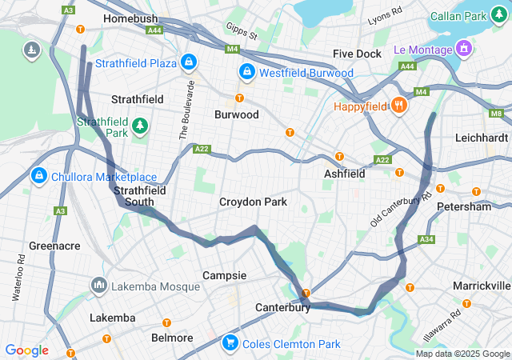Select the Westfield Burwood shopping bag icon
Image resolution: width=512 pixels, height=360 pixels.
[248, 72]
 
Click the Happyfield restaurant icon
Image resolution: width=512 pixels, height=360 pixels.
[398, 105]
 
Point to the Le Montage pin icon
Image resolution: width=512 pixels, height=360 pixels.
[463, 50]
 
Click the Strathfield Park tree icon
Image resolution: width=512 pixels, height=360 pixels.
[140, 126]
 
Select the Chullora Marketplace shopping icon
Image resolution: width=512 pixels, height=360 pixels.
[38, 175]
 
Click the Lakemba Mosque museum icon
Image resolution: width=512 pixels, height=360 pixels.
[99, 284]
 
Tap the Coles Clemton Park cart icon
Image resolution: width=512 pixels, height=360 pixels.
[230, 342]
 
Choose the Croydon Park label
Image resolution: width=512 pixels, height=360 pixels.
[253, 202]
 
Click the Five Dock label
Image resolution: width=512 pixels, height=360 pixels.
[357, 54]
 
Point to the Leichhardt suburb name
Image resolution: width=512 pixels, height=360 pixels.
[481, 138]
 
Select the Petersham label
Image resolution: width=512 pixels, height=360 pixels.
[464, 206]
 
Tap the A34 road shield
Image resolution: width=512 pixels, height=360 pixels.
[426, 239]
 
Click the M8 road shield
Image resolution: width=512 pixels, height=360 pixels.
[497, 114]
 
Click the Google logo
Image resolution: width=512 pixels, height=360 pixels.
[26, 350]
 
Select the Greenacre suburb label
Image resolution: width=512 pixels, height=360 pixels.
[54, 246]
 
